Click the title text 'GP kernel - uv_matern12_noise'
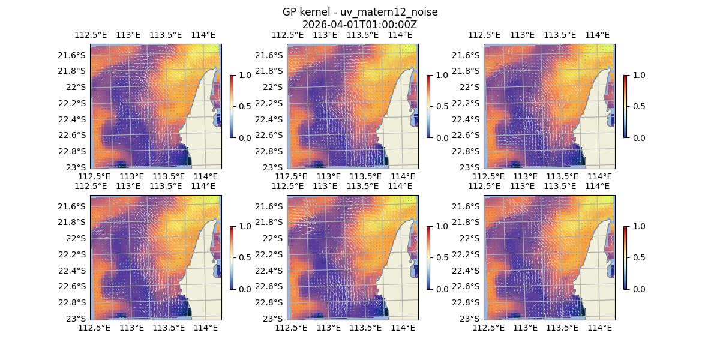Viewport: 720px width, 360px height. pos(360,12)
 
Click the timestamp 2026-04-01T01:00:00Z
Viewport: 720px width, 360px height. pos(360,25)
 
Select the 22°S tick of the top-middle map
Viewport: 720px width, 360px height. pos(276,87)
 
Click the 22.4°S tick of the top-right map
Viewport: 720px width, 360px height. pos(469,119)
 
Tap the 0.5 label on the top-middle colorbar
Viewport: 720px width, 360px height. pos(442,106)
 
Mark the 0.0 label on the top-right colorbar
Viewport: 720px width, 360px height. pos(638,137)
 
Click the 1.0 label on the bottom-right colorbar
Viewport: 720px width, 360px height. pos(638,226)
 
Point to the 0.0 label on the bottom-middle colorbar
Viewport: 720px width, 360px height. pos(442,289)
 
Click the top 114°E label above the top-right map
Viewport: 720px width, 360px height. pos(597,35)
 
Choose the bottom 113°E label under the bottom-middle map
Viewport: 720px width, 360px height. pos(329,328)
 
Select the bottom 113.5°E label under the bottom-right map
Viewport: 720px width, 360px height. pos(562,328)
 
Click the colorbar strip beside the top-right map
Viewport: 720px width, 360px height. pos(626,106)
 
